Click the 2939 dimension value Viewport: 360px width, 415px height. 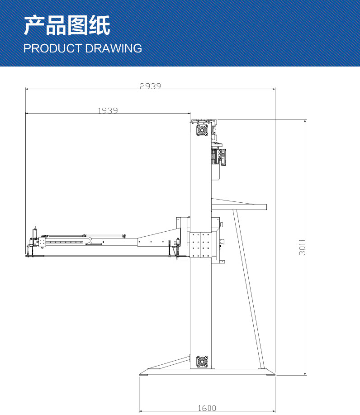tap(150, 86)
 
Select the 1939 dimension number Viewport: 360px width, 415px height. tap(108, 110)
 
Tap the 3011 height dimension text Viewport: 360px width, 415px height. tap(302, 248)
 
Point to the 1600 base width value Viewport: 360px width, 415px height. tap(207, 408)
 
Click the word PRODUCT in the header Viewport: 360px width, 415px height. tap(52, 48)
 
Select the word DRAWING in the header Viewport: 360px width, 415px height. tap(114, 48)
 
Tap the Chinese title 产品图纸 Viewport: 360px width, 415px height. tap(67, 25)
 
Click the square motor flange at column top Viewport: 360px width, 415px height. tap(202, 130)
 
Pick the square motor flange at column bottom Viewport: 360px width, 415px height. tap(202, 362)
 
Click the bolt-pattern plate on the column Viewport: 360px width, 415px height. tap(201, 245)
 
